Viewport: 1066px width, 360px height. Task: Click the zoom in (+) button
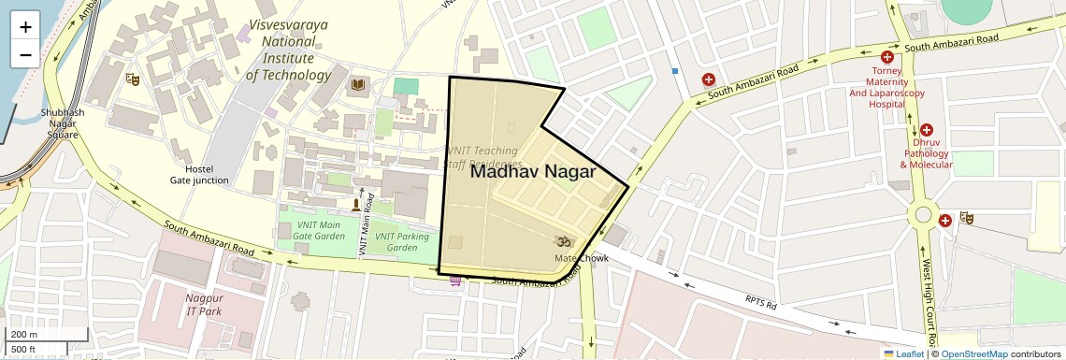coord(25,26)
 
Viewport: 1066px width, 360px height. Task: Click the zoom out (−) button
coord(25,54)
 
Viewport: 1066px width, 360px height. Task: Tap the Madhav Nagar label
coord(532,171)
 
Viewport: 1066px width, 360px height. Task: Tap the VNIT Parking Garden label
coord(401,241)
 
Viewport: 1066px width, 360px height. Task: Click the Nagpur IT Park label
coord(204,304)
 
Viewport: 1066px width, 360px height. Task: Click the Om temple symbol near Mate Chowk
coord(563,241)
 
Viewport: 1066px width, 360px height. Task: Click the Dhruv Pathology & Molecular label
coord(926,152)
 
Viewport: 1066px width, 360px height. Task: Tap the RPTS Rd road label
coord(760,304)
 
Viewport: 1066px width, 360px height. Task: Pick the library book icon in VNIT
coord(357,86)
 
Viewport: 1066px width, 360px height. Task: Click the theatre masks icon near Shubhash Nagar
coord(133,80)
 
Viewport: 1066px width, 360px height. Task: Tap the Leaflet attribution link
coord(903,353)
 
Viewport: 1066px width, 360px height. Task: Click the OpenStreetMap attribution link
coord(973,353)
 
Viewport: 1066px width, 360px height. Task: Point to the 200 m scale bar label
coord(24,335)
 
